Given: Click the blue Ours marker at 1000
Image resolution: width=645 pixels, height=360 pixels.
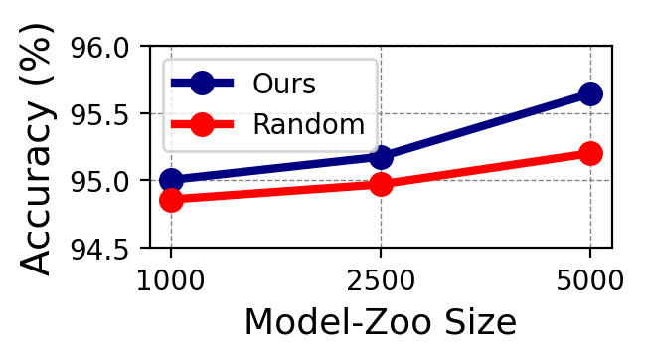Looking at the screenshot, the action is [x=171, y=180].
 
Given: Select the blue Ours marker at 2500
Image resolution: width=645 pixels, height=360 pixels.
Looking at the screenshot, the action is [x=381, y=157].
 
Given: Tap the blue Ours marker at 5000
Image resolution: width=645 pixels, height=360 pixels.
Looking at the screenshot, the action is [x=590, y=93].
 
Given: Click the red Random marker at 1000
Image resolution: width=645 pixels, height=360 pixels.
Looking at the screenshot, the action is [x=171, y=200].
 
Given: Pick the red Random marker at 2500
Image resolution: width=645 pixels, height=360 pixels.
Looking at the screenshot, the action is [x=381, y=184].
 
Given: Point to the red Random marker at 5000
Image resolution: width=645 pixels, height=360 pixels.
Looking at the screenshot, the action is [x=590, y=153].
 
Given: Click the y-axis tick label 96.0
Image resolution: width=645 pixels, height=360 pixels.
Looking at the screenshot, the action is [x=103, y=48].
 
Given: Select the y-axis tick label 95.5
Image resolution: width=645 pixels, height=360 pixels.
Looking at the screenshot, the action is [x=103, y=114].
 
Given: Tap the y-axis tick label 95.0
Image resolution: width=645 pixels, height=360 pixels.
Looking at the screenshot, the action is [x=103, y=181].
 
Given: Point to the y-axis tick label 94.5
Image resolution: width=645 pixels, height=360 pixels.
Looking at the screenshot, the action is [x=103, y=248].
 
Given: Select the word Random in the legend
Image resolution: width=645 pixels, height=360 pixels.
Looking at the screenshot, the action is [x=308, y=124].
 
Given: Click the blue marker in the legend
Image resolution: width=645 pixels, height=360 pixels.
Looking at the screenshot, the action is [x=202, y=83].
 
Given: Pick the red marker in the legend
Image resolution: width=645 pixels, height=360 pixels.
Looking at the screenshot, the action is [x=202, y=124].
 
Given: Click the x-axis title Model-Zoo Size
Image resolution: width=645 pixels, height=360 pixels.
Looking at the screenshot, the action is [x=380, y=323].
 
